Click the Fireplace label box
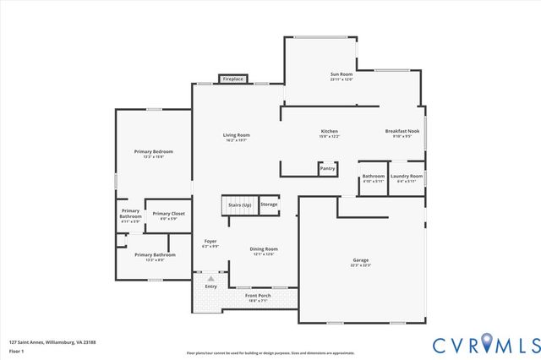click(233, 79)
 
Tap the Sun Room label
click(341, 77)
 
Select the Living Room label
click(236, 138)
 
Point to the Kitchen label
click(329, 134)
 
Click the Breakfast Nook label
click(402, 134)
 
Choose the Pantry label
click(327, 168)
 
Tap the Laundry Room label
click(407, 178)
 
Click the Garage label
click(361, 262)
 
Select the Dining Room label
click(264, 251)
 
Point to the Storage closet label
click(269, 205)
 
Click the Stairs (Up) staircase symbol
click(238, 205)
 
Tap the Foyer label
click(210, 244)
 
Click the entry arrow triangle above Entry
click(210, 278)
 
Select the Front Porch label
click(257, 297)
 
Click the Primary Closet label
click(168, 215)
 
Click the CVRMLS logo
click(486, 344)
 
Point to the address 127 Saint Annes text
click(52, 341)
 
